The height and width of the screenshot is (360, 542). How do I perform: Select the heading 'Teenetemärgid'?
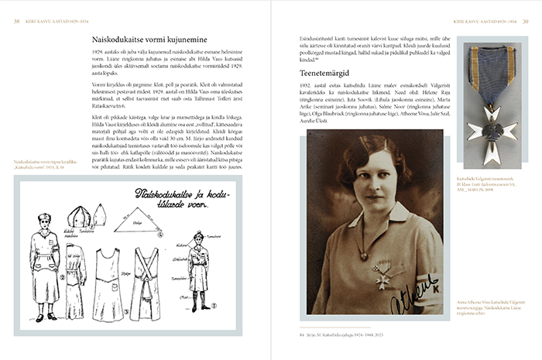pyautogui.click(x=327, y=74)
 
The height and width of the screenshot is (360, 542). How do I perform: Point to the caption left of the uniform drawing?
pyautogui.click(x=39, y=163)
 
